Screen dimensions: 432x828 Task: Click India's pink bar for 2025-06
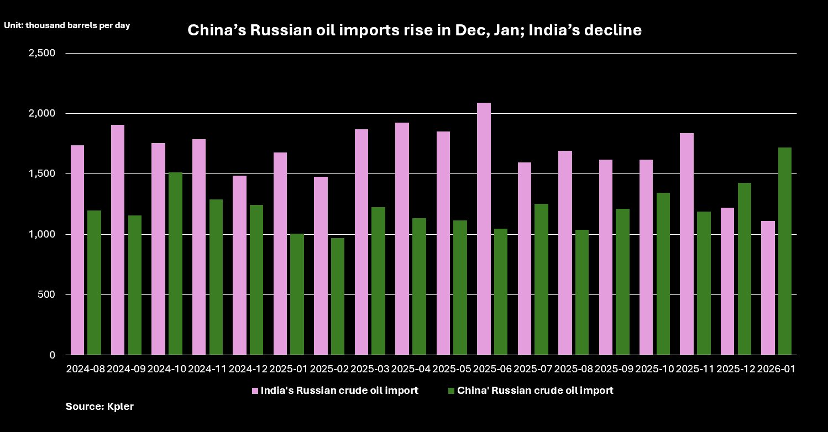click(484, 229)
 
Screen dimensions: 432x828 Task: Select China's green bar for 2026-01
click(785, 251)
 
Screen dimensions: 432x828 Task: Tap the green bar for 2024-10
click(175, 264)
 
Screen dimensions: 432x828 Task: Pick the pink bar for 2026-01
click(768, 288)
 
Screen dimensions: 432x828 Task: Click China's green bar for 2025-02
click(338, 297)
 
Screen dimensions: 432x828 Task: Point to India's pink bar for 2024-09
click(118, 240)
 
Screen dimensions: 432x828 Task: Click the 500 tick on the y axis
click(48, 295)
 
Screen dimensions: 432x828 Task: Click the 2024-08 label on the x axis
click(85, 368)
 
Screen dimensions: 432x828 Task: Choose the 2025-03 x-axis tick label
click(370, 368)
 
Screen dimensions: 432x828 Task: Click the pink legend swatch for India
click(255, 391)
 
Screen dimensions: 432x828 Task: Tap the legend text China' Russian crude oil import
click(535, 391)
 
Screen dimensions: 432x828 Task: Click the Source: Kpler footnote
click(99, 407)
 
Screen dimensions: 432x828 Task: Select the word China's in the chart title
click(216, 30)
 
